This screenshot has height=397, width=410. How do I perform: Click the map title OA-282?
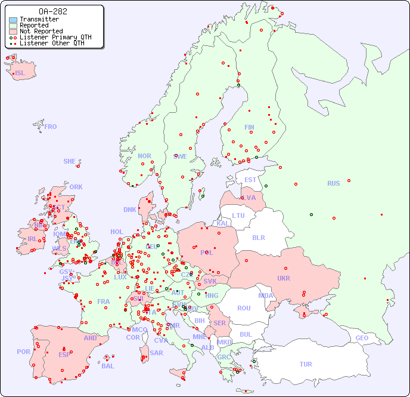click(52, 11)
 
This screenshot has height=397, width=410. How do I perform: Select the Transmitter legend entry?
click(39, 20)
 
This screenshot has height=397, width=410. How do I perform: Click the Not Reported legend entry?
click(41, 31)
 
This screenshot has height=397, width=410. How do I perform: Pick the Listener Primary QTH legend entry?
click(55, 37)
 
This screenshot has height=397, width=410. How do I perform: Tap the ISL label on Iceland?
click(20, 73)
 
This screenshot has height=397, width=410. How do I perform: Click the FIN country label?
click(249, 127)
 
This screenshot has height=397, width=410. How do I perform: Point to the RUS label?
click(333, 183)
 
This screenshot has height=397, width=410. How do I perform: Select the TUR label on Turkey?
click(306, 364)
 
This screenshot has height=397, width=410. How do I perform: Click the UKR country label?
click(283, 278)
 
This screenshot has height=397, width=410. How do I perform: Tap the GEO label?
click(362, 338)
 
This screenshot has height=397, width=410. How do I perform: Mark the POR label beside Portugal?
click(23, 352)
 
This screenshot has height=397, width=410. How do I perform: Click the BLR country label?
click(258, 237)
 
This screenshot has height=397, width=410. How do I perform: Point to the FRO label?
click(51, 127)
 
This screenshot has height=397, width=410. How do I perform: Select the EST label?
click(250, 180)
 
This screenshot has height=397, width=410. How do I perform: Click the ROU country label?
click(244, 308)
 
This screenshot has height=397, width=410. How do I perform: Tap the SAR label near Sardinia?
click(156, 353)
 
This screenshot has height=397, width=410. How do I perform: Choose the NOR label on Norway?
click(144, 156)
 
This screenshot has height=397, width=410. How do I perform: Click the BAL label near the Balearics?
click(107, 366)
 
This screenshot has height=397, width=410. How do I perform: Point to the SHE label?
click(70, 161)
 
